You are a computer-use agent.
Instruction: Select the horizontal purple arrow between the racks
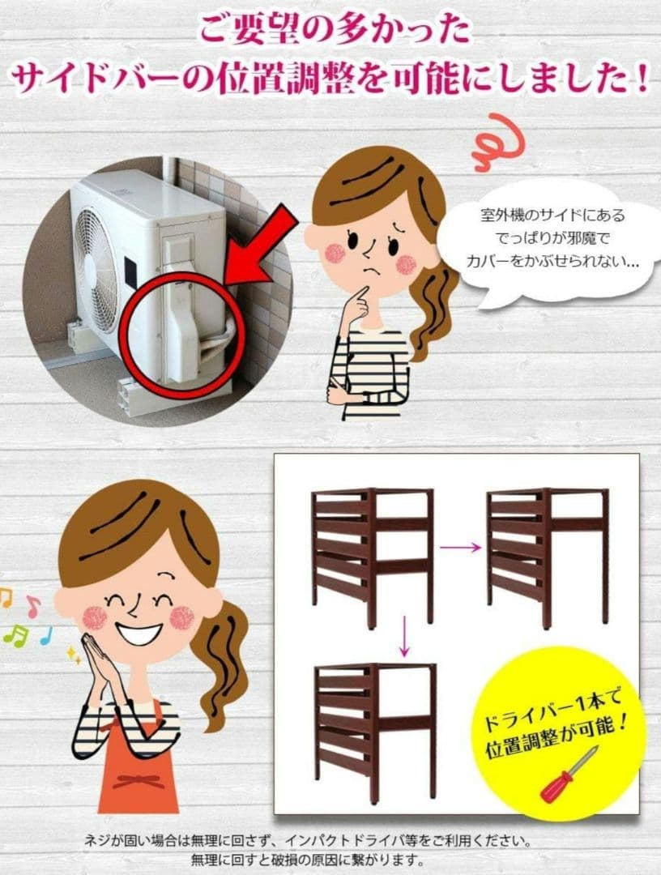461,548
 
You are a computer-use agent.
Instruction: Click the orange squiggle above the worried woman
497,143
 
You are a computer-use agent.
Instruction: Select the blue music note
46,635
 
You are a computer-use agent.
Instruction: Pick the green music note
16,636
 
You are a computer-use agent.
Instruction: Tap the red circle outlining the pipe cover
181,335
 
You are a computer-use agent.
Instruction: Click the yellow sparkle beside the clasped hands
74,654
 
